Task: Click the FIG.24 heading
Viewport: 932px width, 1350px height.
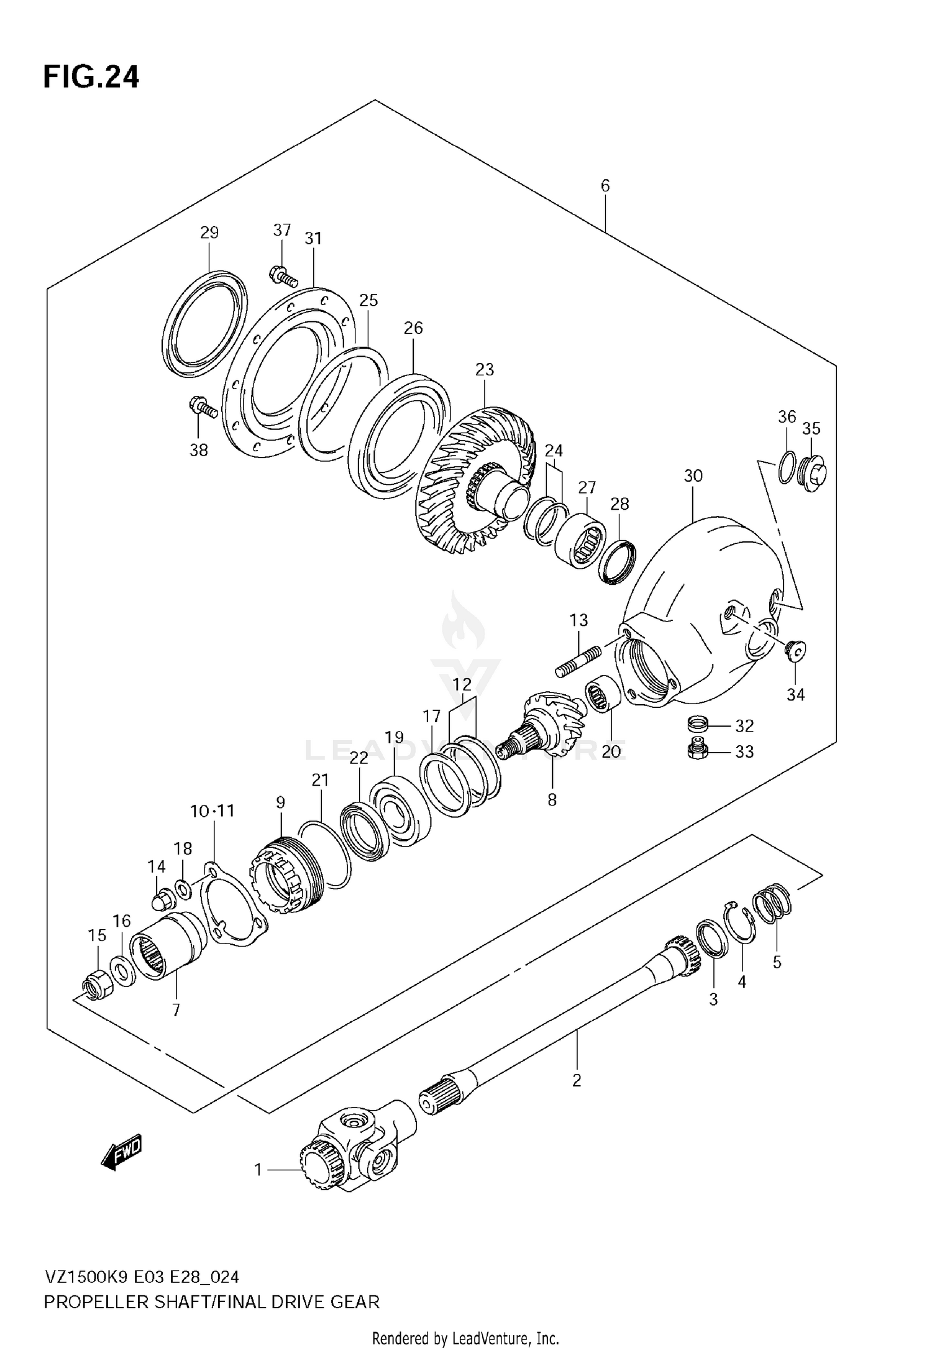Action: (91, 78)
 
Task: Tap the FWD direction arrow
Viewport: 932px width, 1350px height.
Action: (122, 1154)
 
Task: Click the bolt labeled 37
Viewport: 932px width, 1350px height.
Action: (285, 275)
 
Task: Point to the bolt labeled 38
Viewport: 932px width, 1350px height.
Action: (203, 408)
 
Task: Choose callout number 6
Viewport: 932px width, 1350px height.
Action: (605, 186)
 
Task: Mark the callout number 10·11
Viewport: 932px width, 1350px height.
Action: (212, 810)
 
